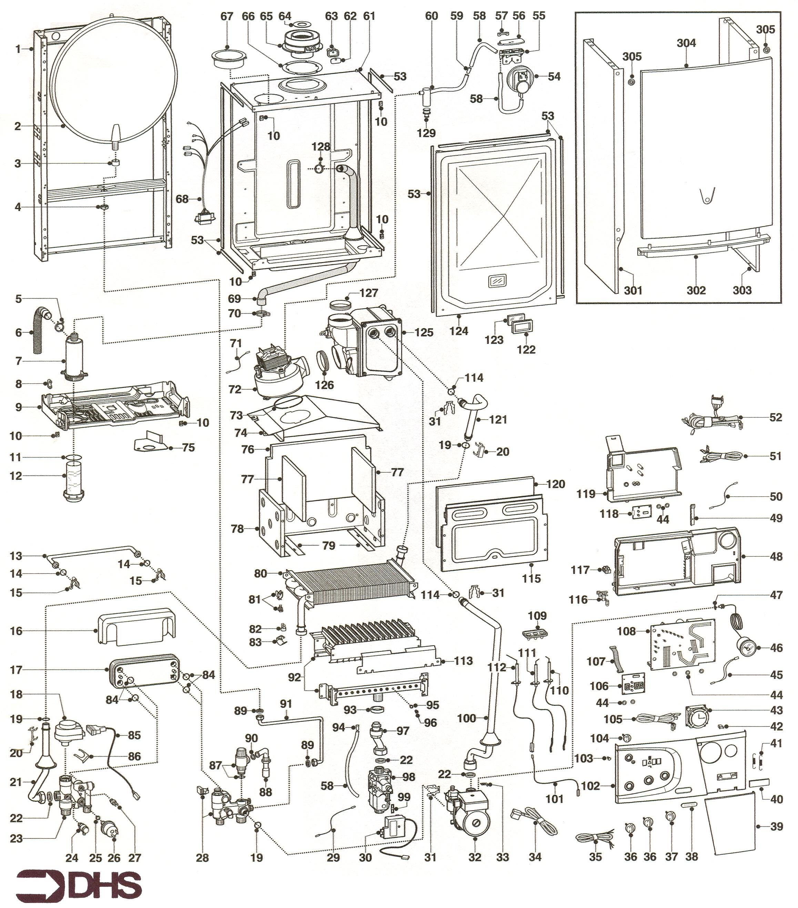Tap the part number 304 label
(686, 43)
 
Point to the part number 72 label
(234, 389)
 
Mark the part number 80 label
(261, 574)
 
